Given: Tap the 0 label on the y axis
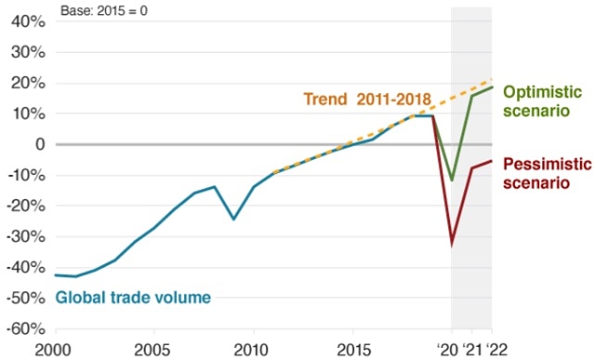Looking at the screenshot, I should [38, 144].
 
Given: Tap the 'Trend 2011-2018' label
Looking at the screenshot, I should [367, 98].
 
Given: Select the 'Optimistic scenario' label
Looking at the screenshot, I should [542, 100].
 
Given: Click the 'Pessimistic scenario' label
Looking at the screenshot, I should [546, 173].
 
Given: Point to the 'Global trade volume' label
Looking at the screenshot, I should [133, 298].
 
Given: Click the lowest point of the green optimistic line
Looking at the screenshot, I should [452, 180].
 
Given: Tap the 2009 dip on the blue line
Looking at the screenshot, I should [233, 219].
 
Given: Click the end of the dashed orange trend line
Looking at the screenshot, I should [491, 80].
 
